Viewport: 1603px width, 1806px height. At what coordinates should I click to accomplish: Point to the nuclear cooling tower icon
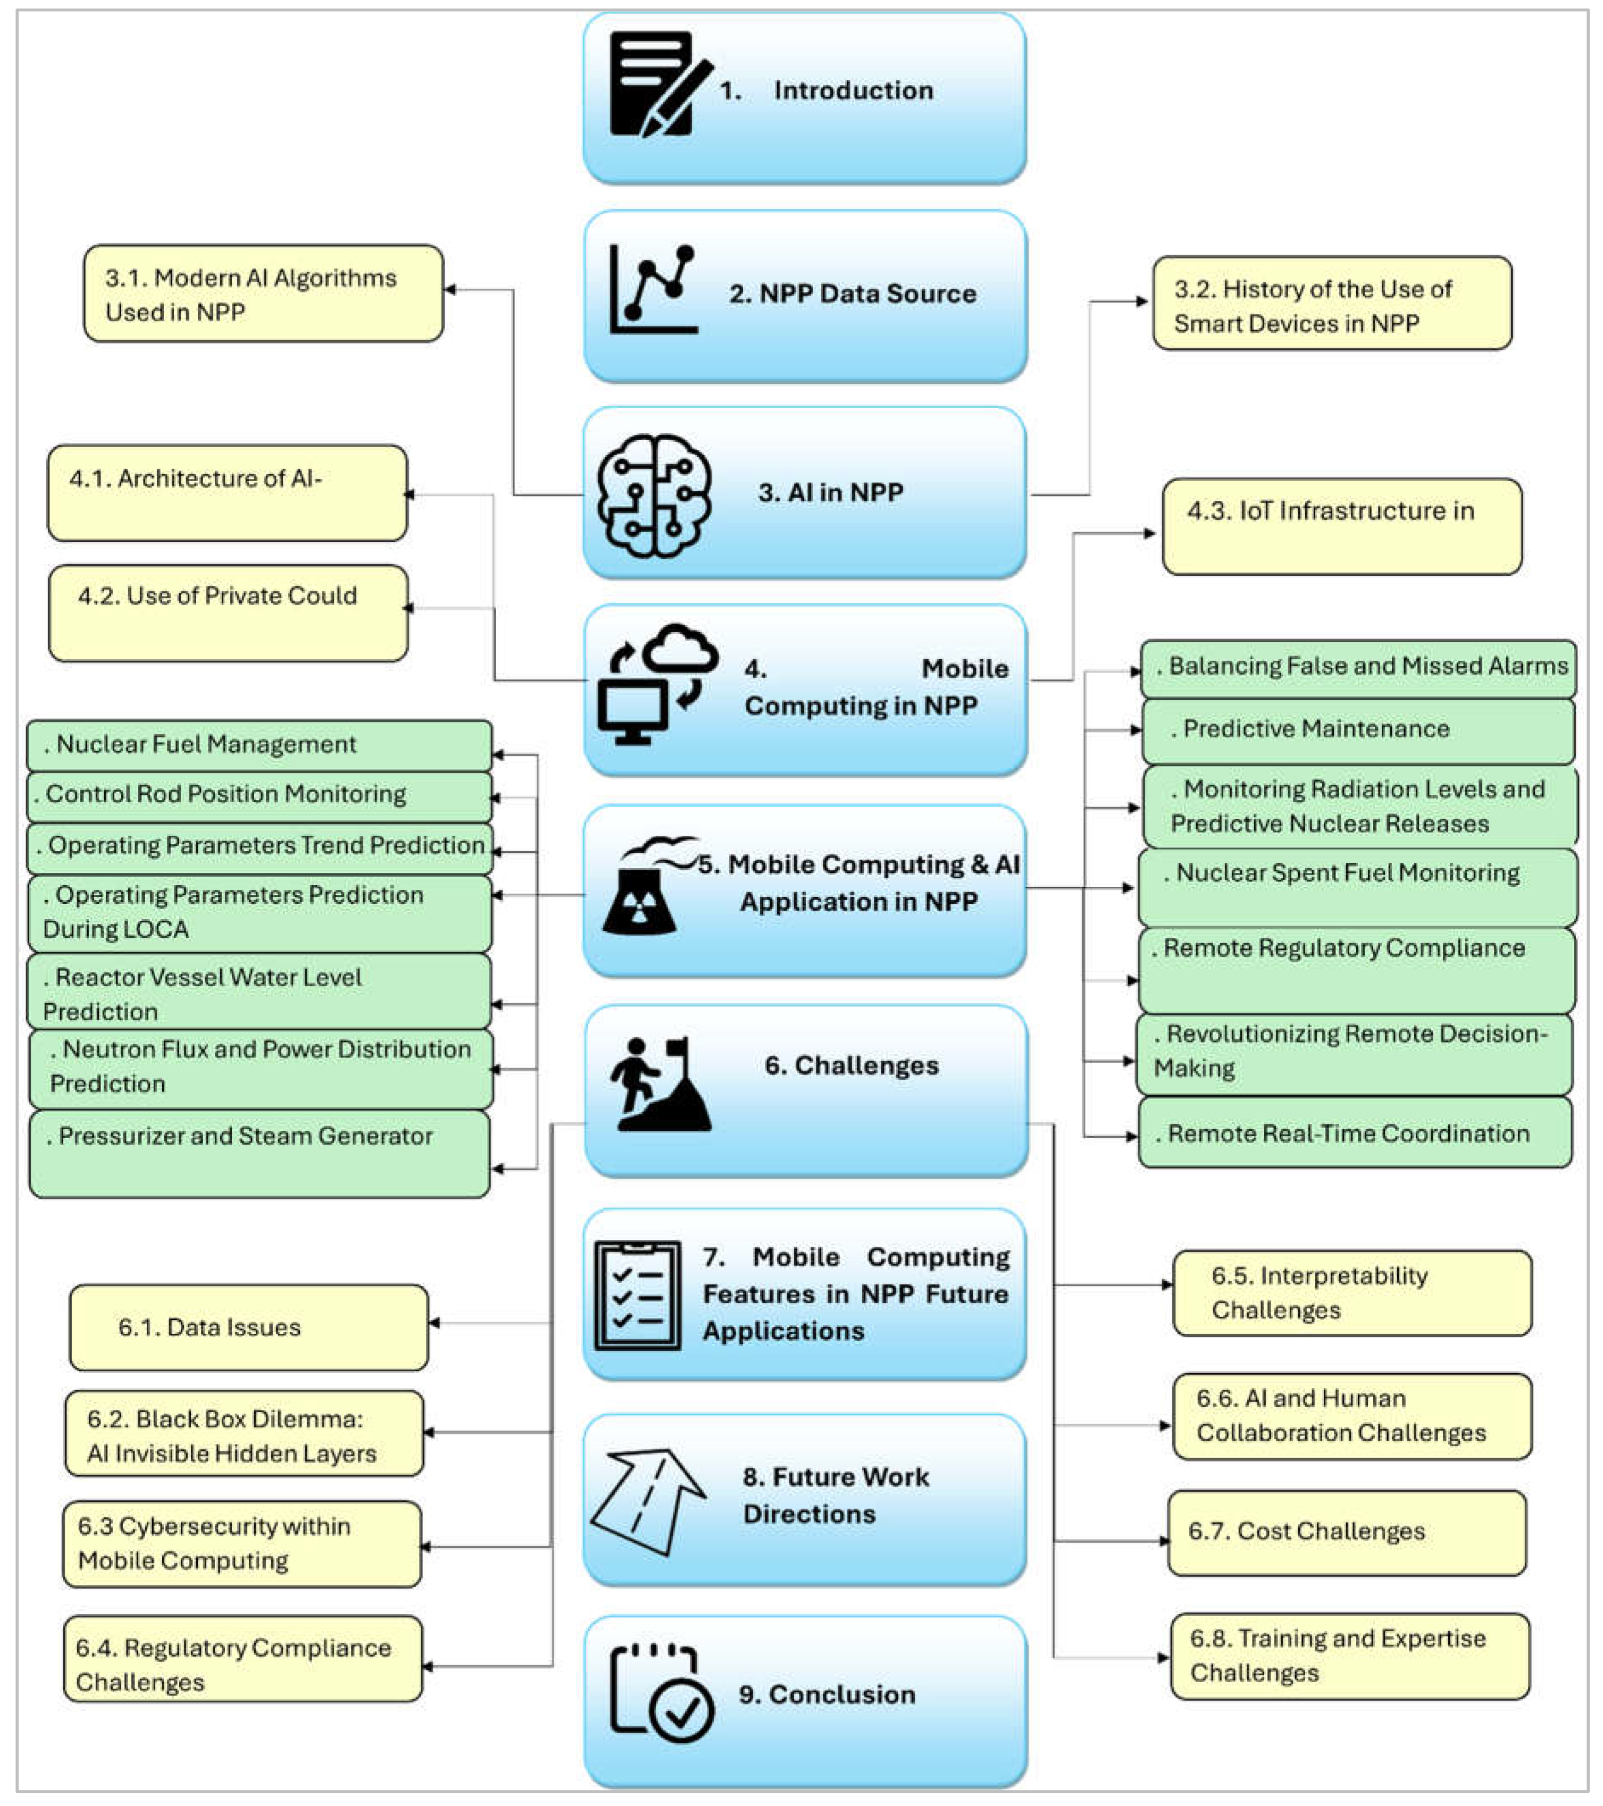(645, 888)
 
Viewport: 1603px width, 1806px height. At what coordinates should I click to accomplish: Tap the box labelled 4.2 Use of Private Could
(228, 613)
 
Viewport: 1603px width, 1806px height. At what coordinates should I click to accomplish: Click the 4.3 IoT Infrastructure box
(1341, 527)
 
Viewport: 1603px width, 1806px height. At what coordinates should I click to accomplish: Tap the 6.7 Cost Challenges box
(1346, 1532)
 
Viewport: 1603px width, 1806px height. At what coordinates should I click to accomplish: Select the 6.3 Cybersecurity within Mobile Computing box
(241, 1543)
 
